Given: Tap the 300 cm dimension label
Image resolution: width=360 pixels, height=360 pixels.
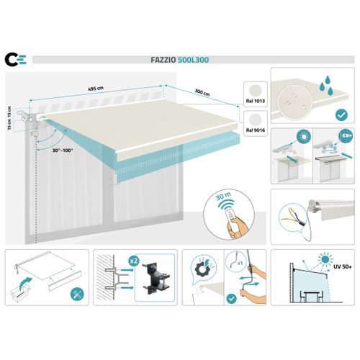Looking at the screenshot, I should pyautogui.click(x=202, y=93).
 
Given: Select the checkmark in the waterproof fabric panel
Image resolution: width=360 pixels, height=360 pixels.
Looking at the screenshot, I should pyautogui.click(x=342, y=113).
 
